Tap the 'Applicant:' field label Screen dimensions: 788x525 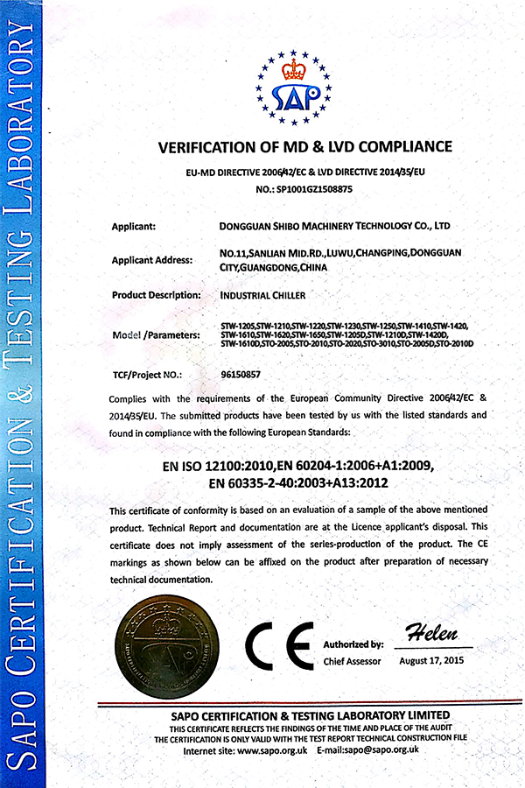134,227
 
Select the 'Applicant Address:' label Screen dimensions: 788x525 152,260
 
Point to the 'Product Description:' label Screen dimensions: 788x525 157,295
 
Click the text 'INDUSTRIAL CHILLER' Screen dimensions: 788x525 262,296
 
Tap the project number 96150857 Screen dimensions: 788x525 241,374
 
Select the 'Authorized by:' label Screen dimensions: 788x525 353,644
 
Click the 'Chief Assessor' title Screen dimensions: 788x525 352,661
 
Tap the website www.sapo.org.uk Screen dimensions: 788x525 272,751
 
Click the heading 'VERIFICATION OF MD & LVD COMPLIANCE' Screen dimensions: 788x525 304,146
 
